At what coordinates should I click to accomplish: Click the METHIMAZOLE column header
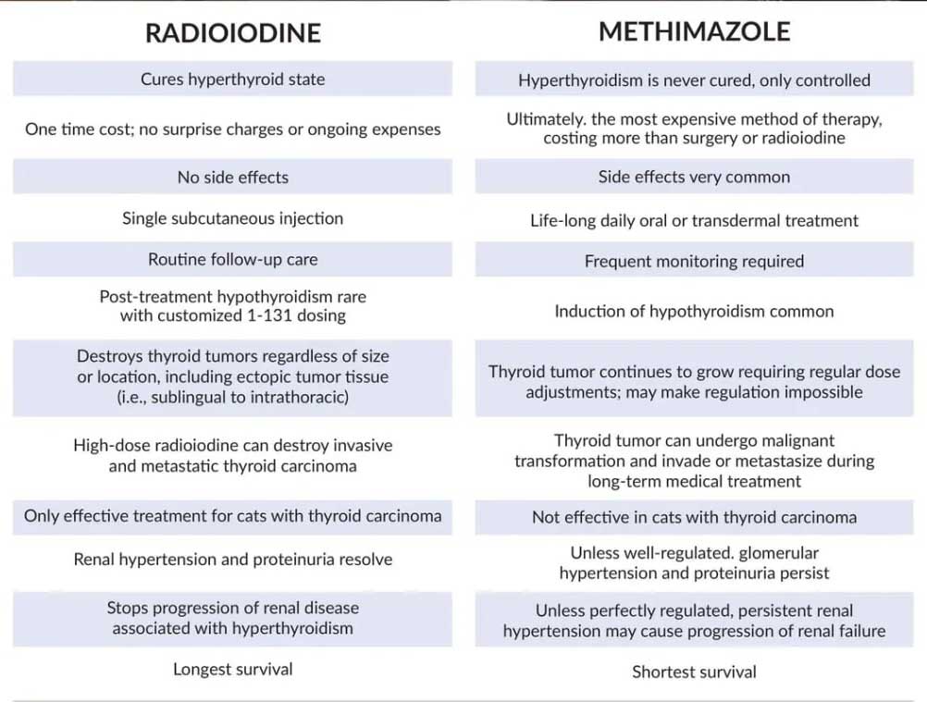(694, 31)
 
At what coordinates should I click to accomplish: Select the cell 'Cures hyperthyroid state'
(232, 80)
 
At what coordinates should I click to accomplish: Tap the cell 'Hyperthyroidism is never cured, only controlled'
(694, 80)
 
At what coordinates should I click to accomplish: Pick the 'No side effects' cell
(232, 178)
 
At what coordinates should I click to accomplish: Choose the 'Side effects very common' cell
(694, 178)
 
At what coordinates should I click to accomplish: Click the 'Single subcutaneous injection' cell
(232, 219)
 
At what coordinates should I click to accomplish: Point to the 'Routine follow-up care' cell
(232, 260)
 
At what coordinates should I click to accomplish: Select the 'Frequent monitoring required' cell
(694, 262)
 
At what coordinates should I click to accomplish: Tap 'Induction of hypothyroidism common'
(694, 312)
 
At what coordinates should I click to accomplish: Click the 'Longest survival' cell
(232, 669)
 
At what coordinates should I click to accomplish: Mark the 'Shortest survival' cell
(694, 672)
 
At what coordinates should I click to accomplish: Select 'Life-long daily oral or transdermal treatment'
(694, 221)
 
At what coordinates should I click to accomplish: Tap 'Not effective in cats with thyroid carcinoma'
(694, 517)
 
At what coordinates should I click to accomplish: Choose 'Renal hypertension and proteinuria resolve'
(232, 560)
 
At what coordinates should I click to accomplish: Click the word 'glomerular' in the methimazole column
(776, 553)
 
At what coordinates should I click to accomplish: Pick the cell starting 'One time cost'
(232, 129)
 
